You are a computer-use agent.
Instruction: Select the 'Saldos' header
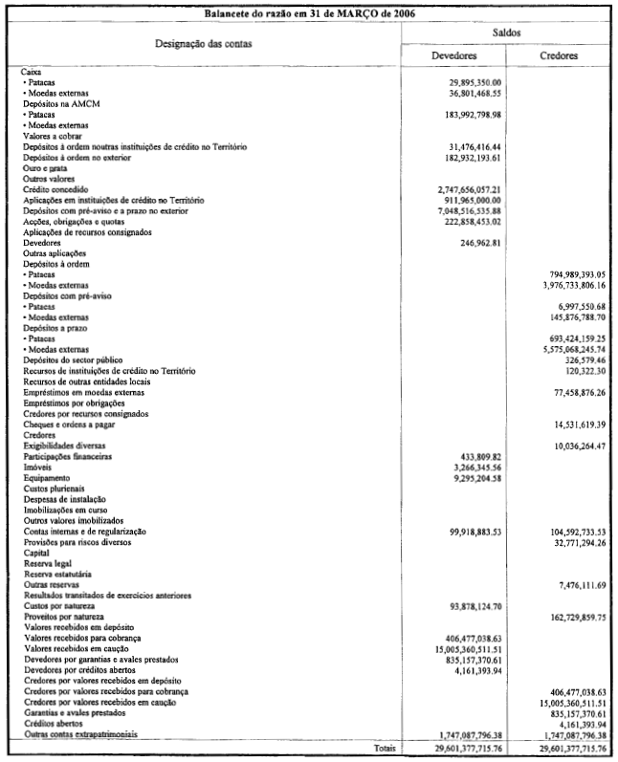click(507, 33)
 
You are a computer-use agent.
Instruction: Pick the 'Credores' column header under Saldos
click(559, 56)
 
